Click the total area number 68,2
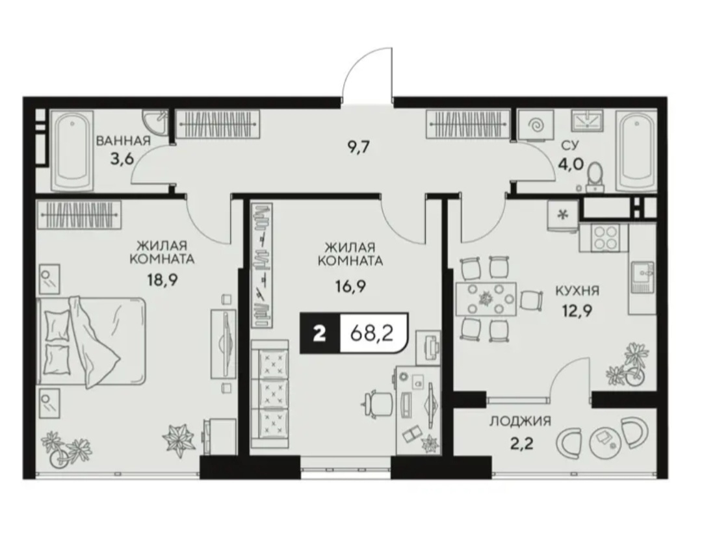tap(372, 333)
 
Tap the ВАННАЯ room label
tap(123, 142)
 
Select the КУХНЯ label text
tap(577, 291)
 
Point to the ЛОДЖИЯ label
tap(520, 421)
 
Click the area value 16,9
tap(351, 285)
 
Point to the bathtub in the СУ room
tap(636, 152)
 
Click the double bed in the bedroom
tap(92, 341)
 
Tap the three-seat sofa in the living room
tap(270, 394)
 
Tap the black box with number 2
tap(320, 333)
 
